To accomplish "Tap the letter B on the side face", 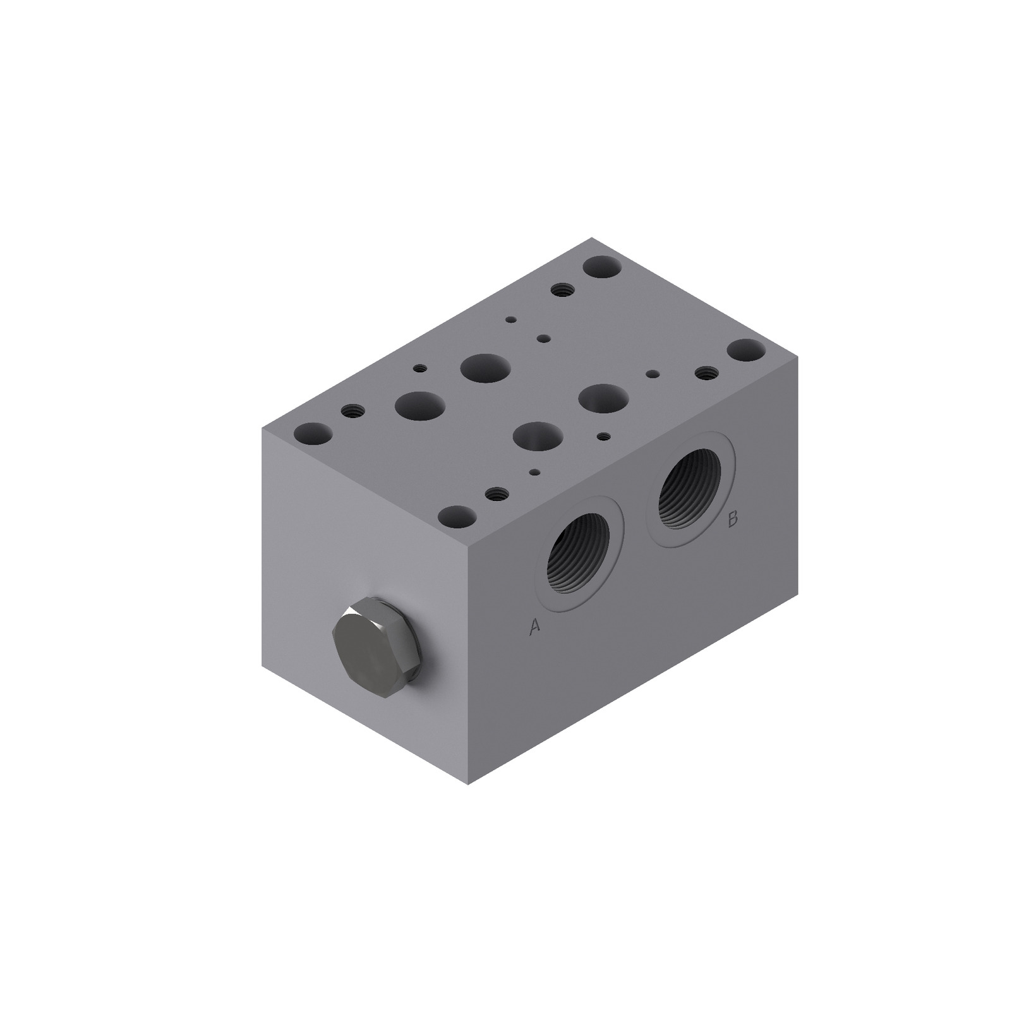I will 733,519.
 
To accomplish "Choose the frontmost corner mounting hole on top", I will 457,517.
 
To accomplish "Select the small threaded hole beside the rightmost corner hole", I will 705,373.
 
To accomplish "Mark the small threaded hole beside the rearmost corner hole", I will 561,290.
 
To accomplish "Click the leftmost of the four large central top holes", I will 418,405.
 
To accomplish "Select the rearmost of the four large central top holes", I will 485,368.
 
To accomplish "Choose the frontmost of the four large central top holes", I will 538,437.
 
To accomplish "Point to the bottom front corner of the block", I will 468,784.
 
